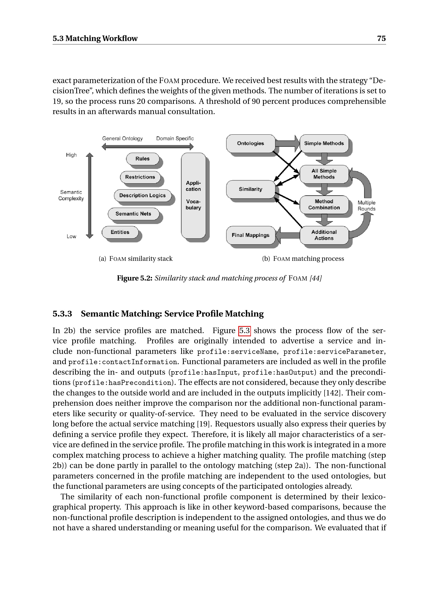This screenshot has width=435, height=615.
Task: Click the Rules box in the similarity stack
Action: click(x=143, y=159)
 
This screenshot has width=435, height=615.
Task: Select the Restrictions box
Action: click(x=140, y=177)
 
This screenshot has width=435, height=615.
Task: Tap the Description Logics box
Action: click(x=143, y=195)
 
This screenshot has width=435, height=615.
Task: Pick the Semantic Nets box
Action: click(x=133, y=214)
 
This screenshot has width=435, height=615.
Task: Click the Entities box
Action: click(x=120, y=232)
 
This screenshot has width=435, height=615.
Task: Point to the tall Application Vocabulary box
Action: click(x=193, y=195)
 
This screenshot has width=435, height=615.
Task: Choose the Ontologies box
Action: click(x=250, y=143)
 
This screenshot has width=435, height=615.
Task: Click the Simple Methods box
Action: click(x=324, y=143)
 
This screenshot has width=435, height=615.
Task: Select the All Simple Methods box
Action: click(x=324, y=174)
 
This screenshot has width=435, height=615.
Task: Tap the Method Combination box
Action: click(x=324, y=204)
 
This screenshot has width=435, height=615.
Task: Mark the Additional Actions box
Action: click(x=324, y=235)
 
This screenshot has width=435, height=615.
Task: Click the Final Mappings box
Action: click(x=250, y=235)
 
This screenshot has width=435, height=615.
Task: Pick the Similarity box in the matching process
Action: click(x=250, y=189)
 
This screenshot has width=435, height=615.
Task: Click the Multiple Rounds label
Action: click(x=366, y=206)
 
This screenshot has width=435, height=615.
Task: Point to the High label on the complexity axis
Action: click(x=71, y=155)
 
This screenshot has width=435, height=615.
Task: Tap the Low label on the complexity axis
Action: click(x=71, y=236)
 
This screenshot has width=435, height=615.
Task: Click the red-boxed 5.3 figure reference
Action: click(x=244, y=331)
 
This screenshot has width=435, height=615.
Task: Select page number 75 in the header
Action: click(x=381, y=38)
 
